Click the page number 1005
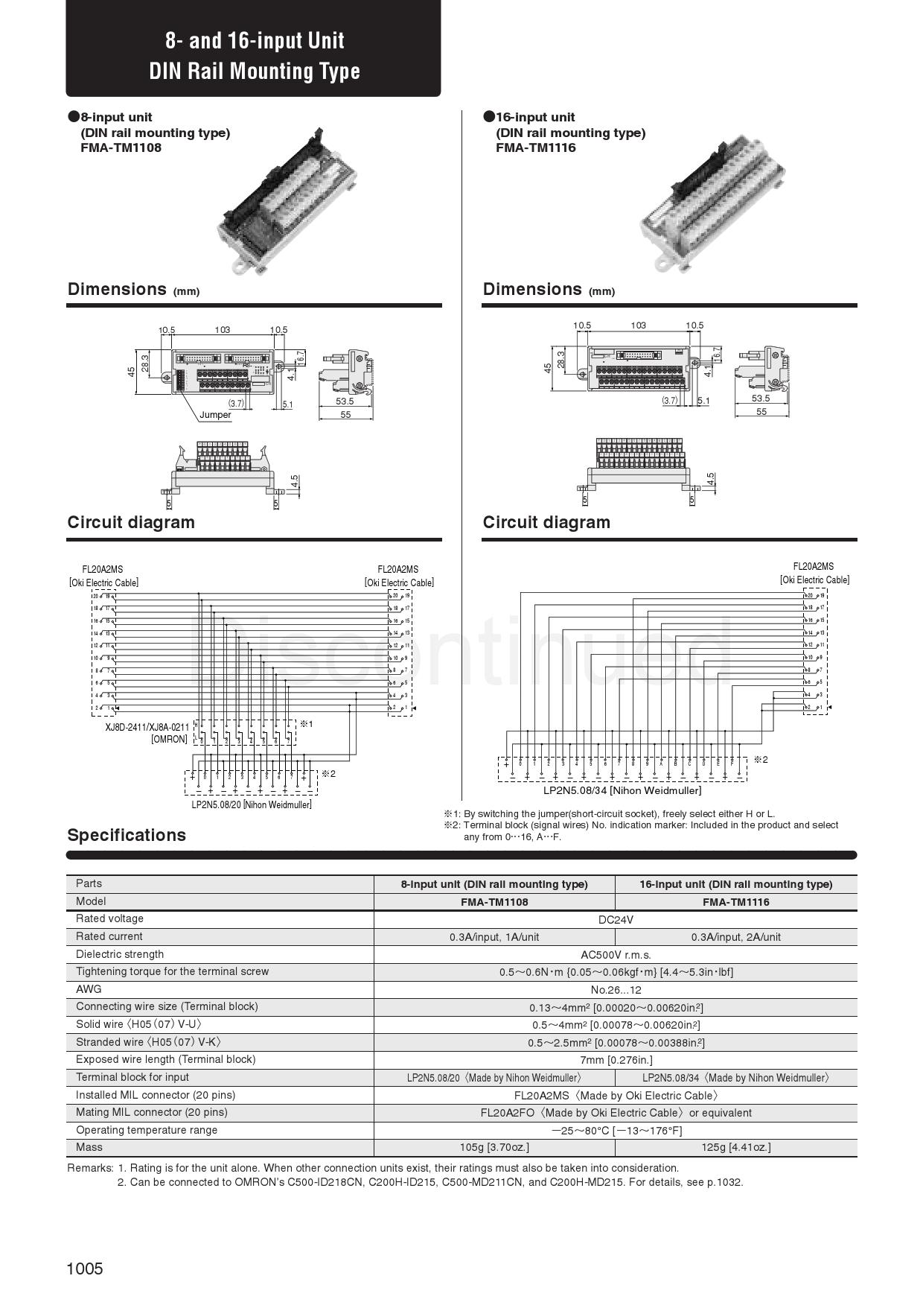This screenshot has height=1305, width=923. point(85,1269)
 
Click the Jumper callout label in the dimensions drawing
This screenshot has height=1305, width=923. point(215,415)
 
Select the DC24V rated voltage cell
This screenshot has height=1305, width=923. point(616,919)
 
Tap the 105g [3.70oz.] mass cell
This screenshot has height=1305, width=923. point(494,1147)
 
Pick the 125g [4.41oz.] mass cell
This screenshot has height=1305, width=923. point(735,1147)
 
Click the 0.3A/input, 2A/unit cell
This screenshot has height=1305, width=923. point(735,937)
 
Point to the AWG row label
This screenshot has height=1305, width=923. point(89,989)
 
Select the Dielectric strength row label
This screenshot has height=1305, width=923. point(120,954)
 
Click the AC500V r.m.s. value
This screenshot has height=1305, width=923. point(616,954)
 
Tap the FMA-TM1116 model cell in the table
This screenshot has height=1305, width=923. point(735,901)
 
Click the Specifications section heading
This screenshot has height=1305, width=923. point(127,835)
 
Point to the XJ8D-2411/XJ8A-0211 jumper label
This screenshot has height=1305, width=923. point(147,727)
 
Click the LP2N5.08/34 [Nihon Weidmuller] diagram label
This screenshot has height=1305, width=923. point(622,790)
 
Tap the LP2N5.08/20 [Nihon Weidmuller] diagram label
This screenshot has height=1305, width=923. point(252,804)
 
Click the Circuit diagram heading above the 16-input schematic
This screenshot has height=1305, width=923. point(546,522)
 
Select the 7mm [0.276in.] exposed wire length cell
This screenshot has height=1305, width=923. point(616,1060)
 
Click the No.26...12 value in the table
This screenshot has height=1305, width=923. point(616,990)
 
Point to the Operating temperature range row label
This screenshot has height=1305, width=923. point(147,1130)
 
